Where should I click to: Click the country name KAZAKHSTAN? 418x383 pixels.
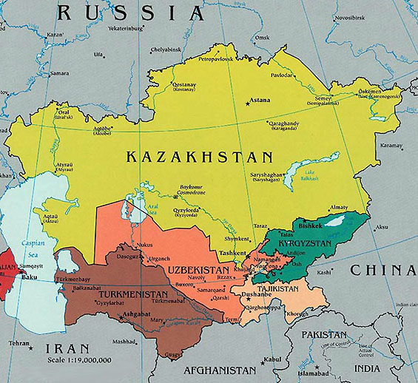(x=199, y=157)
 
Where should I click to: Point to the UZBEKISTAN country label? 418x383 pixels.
(x=199, y=271)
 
